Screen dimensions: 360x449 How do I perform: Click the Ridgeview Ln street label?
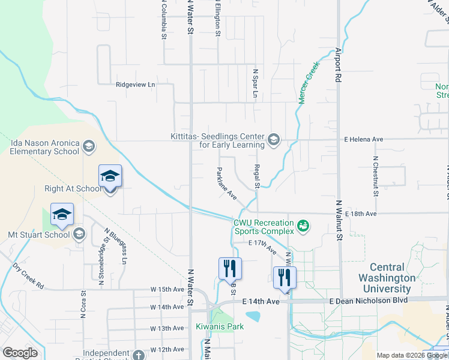135,85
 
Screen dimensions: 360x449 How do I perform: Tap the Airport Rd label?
339,65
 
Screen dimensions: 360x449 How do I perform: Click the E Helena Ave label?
363,139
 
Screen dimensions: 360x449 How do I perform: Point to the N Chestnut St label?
375,176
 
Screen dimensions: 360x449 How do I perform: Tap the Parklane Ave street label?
226,183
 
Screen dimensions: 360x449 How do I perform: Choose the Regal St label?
256,176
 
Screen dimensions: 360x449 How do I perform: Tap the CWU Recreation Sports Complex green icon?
304,226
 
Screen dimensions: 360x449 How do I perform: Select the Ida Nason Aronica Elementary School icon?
88,146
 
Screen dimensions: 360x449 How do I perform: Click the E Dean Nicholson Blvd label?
369,300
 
